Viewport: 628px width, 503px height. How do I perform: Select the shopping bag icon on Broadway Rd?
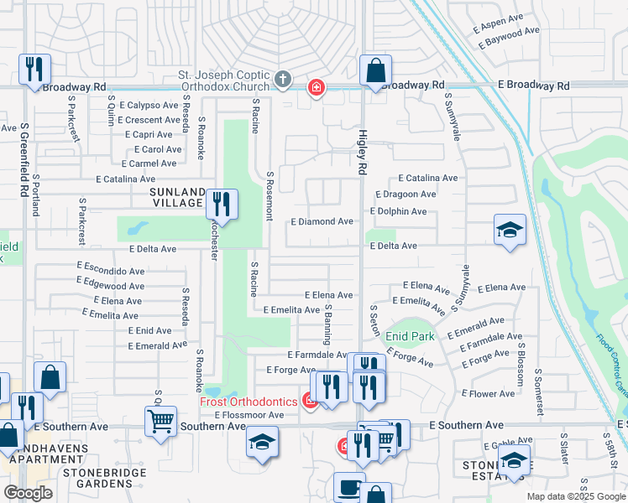point(375,70)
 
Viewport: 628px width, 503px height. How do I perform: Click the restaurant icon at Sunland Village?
point(222,204)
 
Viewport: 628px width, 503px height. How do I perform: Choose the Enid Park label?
point(410,336)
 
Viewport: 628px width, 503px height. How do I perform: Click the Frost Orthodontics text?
point(249,402)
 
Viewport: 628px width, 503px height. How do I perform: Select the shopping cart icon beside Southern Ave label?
point(160,420)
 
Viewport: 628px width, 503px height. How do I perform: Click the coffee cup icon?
point(348,487)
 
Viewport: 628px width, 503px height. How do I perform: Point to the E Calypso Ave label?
point(149,106)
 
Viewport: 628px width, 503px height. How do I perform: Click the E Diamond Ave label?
point(322,221)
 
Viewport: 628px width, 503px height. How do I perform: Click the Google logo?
point(28,492)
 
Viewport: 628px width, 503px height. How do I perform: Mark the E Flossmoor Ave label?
point(249,415)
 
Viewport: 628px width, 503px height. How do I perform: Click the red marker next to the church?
point(316,87)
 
